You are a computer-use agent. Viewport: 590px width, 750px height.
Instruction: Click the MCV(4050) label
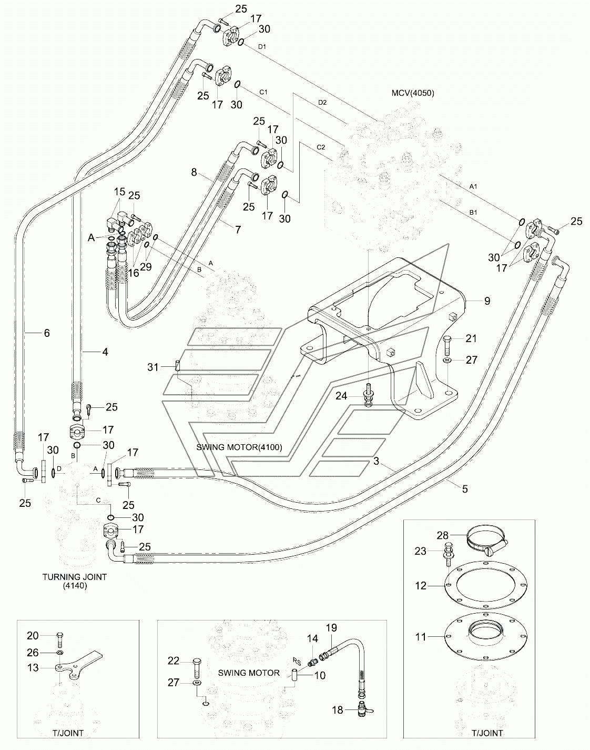click(x=413, y=93)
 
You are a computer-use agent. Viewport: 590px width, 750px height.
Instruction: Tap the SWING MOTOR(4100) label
click(x=239, y=447)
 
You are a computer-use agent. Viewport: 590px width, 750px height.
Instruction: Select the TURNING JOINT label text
click(x=75, y=577)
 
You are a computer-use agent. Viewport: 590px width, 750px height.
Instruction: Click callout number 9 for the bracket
click(x=487, y=301)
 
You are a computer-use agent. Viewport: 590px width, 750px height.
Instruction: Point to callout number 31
click(x=153, y=367)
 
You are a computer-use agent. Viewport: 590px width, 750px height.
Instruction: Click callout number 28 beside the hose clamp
click(x=443, y=535)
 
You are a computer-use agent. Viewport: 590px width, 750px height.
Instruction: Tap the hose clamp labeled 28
click(x=487, y=541)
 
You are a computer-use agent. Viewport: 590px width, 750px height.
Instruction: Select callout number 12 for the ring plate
click(x=421, y=585)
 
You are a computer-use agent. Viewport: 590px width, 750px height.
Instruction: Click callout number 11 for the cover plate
click(x=421, y=637)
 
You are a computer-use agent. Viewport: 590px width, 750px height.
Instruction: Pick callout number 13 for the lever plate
click(x=33, y=668)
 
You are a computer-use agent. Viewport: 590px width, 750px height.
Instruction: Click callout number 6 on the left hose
click(x=47, y=333)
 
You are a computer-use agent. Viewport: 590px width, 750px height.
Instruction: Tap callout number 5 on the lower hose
click(x=465, y=489)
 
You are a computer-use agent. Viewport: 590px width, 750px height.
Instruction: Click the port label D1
click(x=262, y=46)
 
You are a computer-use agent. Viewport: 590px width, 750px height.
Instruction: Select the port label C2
click(x=321, y=147)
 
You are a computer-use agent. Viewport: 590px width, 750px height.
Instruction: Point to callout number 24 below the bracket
click(x=341, y=396)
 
